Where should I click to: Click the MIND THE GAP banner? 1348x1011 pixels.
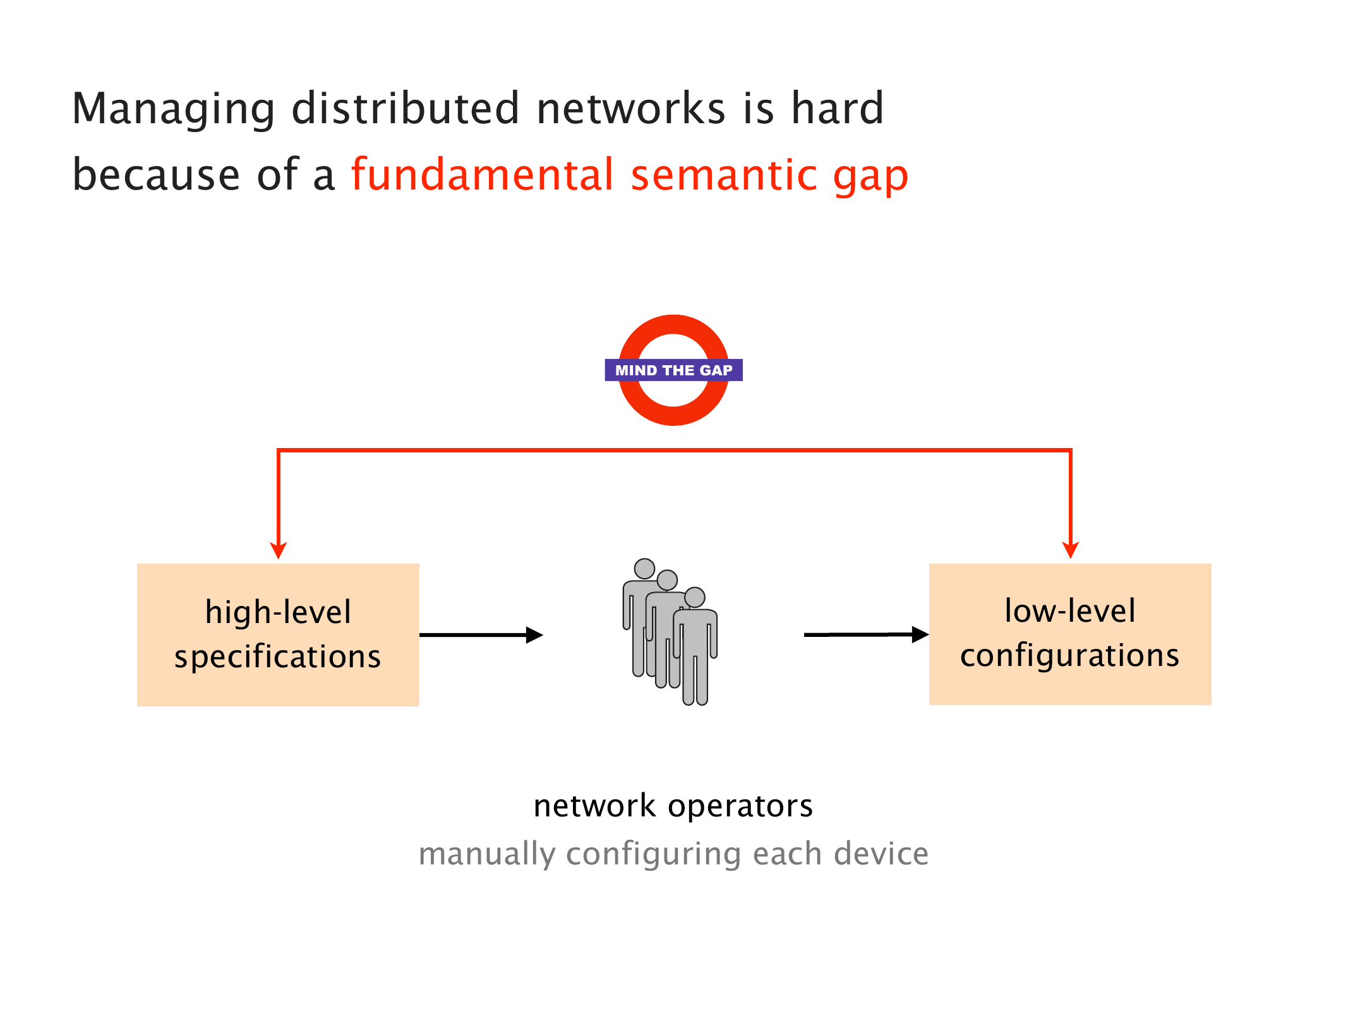point(673,370)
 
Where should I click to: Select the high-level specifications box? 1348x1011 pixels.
point(278,634)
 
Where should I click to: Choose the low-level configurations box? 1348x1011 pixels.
point(1070,634)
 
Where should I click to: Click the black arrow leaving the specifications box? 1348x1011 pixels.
point(481,635)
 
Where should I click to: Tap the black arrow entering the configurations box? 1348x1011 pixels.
point(866,634)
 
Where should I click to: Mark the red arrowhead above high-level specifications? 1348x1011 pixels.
point(278,550)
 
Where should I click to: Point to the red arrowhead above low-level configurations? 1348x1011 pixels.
point(1070,550)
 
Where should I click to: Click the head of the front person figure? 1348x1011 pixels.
point(695,597)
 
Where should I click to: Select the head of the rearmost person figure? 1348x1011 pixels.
point(644,568)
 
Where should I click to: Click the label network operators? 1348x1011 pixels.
point(673,806)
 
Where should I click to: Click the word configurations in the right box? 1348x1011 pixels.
point(1070,655)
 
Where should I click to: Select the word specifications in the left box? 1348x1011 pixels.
point(278,657)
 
